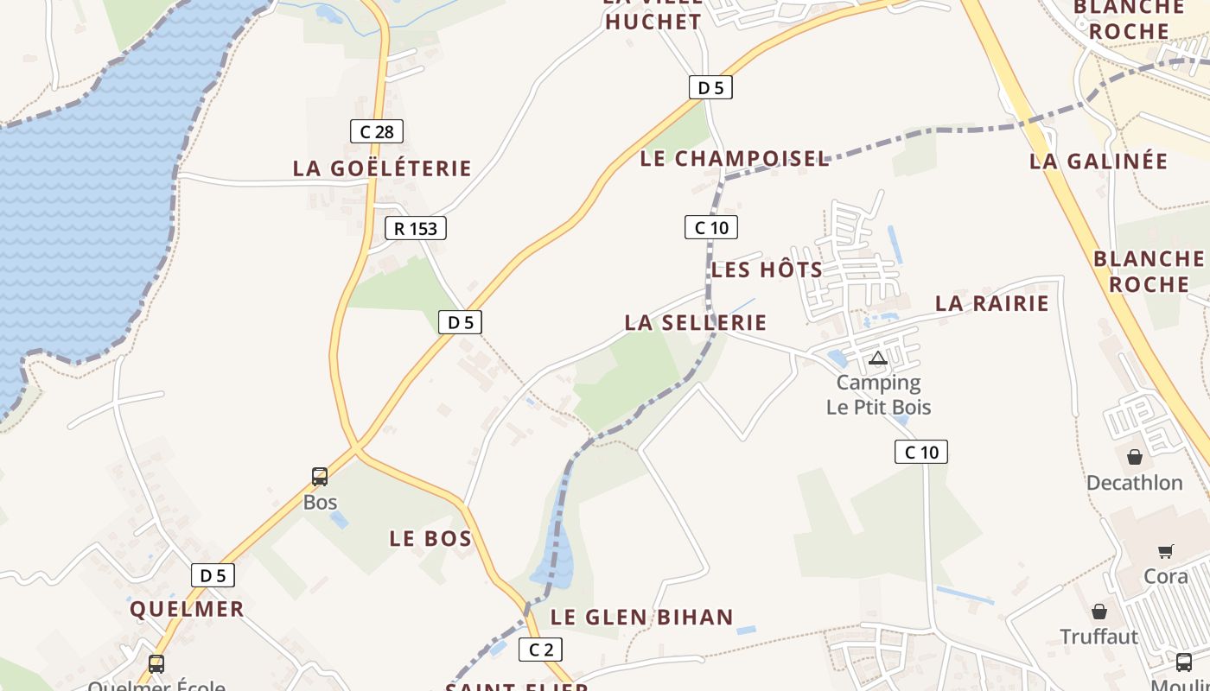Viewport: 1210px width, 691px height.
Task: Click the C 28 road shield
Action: pyautogui.click(x=377, y=131)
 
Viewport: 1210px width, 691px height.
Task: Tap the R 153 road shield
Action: pyautogui.click(x=416, y=228)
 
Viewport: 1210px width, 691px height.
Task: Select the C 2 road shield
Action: pyautogui.click(x=541, y=650)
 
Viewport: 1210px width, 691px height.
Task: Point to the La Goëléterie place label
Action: pyautogui.click(x=382, y=168)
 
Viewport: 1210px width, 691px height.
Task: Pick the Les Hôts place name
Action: pyautogui.click(x=767, y=270)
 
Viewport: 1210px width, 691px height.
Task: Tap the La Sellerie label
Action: pyautogui.click(x=696, y=323)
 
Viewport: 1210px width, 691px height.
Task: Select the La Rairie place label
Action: pyautogui.click(x=992, y=303)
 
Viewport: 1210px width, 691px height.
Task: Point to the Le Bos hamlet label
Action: pyautogui.click(x=430, y=539)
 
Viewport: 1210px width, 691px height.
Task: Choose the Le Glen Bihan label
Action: pyautogui.click(x=642, y=618)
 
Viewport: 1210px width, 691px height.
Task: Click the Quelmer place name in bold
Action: pyautogui.click(x=187, y=609)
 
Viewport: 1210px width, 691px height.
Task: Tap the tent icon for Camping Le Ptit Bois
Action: pyautogui.click(x=878, y=358)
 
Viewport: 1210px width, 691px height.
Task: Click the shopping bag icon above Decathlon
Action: pyautogui.click(x=1134, y=457)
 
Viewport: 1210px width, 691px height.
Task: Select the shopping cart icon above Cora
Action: pyautogui.click(x=1165, y=551)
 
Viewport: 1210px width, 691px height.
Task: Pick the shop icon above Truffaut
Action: pyautogui.click(x=1099, y=612)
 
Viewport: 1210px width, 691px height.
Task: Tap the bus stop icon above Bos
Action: pyautogui.click(x=320, y=477)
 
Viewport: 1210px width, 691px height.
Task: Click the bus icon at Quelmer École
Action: pyautogui.click(x=156, y=664)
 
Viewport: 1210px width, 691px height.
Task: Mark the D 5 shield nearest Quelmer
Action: pyautogui.click(x=213, y=575)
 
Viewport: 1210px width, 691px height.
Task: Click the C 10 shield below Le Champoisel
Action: pyautogui.click(x=711, y=228)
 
